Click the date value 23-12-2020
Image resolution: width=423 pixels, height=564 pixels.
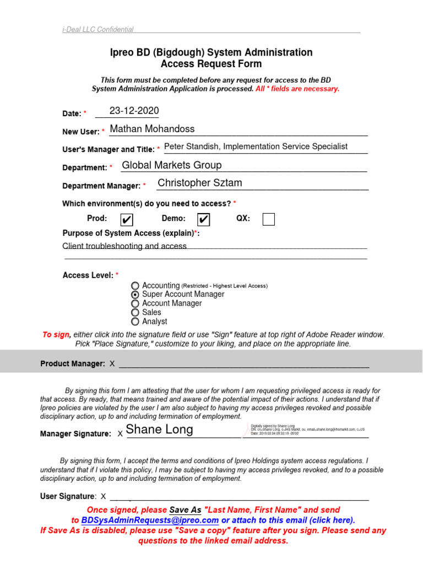point(134,111)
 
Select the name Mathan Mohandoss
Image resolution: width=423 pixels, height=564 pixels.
point(152,129)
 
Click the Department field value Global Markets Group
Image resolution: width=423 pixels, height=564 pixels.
point(171,165)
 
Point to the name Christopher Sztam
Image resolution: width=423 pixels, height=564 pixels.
point(199,183)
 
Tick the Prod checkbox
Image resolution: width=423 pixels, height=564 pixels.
point(127,220)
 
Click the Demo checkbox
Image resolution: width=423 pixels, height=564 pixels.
point(203,220)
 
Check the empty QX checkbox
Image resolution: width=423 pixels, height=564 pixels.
point(268,220)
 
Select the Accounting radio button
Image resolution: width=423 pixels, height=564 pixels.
point(135,286)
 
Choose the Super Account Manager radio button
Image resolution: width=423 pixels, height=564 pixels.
point(135,295)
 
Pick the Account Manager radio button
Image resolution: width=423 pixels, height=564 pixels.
point(135,303)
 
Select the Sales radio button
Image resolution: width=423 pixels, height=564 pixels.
point(135,312)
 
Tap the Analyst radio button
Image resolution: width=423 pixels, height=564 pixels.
point(135,322)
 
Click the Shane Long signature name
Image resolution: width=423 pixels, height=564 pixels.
point(159,430)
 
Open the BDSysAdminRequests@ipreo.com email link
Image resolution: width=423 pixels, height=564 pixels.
point(150,520)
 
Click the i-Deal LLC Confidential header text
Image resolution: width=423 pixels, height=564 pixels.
point(97,30)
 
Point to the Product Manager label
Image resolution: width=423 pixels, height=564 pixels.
point(72,364)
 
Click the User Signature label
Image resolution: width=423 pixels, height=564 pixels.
point(67,496)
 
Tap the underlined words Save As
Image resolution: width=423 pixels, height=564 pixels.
point(185,510)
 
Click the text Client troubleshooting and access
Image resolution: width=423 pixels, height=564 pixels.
point(124,246)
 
